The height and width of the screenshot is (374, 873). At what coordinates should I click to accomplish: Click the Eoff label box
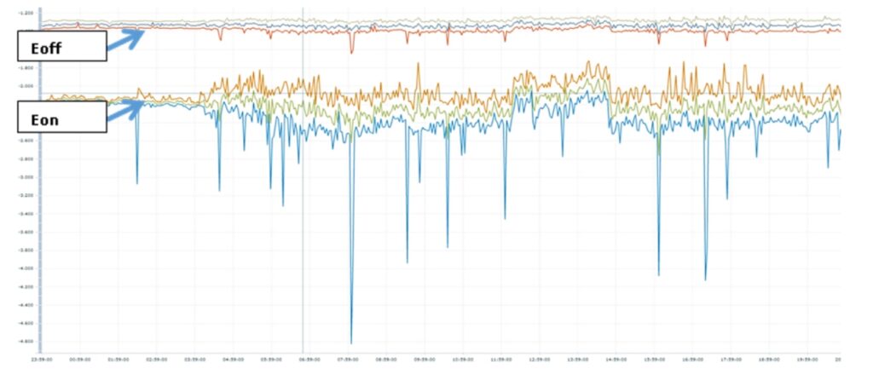(x=62, y=46)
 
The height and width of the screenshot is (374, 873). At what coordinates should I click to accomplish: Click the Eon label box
(x=62, y=117)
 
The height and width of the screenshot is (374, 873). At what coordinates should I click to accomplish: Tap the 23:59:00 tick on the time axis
(x=43, y=360)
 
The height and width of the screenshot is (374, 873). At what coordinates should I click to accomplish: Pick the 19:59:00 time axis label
(x=809, y=360)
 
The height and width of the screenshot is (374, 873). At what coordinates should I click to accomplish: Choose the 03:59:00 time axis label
(x=196, y=360)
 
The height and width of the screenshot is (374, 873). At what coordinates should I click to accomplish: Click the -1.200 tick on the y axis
(x=26, y=13)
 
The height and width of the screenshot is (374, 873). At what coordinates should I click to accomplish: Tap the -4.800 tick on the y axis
(x=26, y=341)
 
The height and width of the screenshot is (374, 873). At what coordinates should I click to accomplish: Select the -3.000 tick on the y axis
(x=26, y=177)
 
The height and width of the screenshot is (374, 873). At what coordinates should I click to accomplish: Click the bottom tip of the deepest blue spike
(x=351, y=342)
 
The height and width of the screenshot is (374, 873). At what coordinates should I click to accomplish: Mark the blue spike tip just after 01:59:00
(x=137, y=183)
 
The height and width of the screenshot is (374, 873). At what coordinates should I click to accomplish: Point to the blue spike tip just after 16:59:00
(x=705, y=279)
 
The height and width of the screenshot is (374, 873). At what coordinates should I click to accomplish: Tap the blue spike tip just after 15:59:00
(x=658, y=274)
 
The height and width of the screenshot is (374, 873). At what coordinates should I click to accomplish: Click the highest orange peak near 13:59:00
(x=588, y=62)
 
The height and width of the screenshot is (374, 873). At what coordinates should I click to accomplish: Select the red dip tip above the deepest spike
(x=351, y=53)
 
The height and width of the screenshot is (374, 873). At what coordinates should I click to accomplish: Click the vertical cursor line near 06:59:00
(x=303, y=213)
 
